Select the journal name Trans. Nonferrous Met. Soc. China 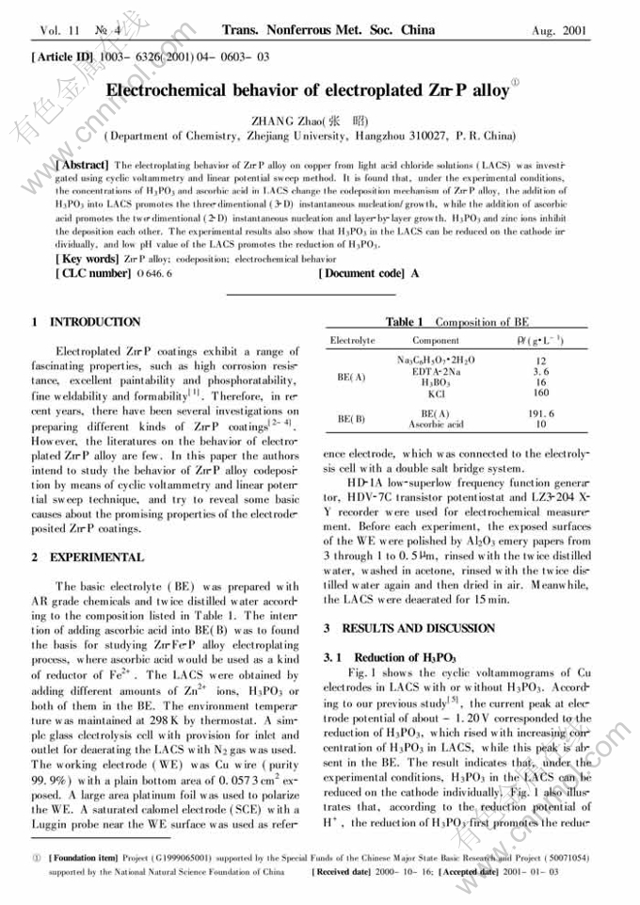[x=328, y=31]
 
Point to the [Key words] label [x=62, y=259]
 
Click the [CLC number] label [x=69, y=273]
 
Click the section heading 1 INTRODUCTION [x=86, y=322]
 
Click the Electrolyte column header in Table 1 [x=352, y=340]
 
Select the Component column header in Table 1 [x=436, y=340]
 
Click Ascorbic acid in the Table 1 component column [x=435, y=425]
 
